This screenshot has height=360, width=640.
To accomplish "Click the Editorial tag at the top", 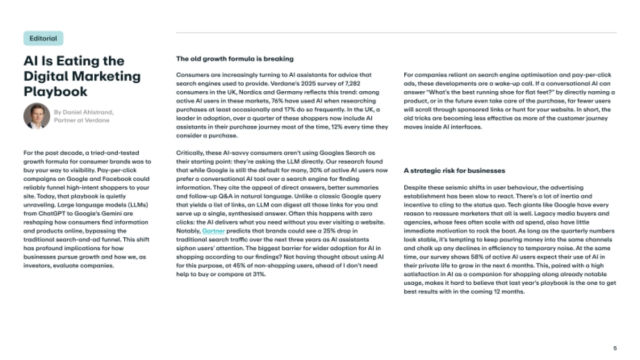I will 43,38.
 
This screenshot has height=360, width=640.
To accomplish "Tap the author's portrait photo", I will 37,116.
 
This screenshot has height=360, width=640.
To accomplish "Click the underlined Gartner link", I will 213,231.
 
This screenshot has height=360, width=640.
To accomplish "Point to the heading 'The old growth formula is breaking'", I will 235,59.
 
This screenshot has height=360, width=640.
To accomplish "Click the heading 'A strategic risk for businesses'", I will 454,171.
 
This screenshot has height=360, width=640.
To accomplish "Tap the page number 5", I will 614,348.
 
